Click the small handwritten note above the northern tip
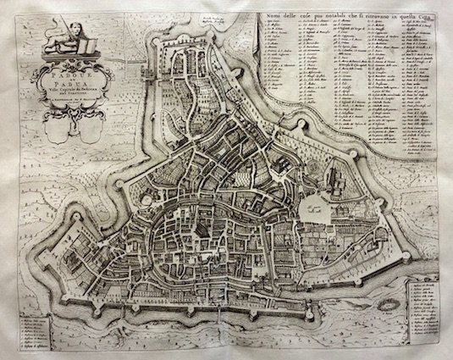[206, 19]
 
